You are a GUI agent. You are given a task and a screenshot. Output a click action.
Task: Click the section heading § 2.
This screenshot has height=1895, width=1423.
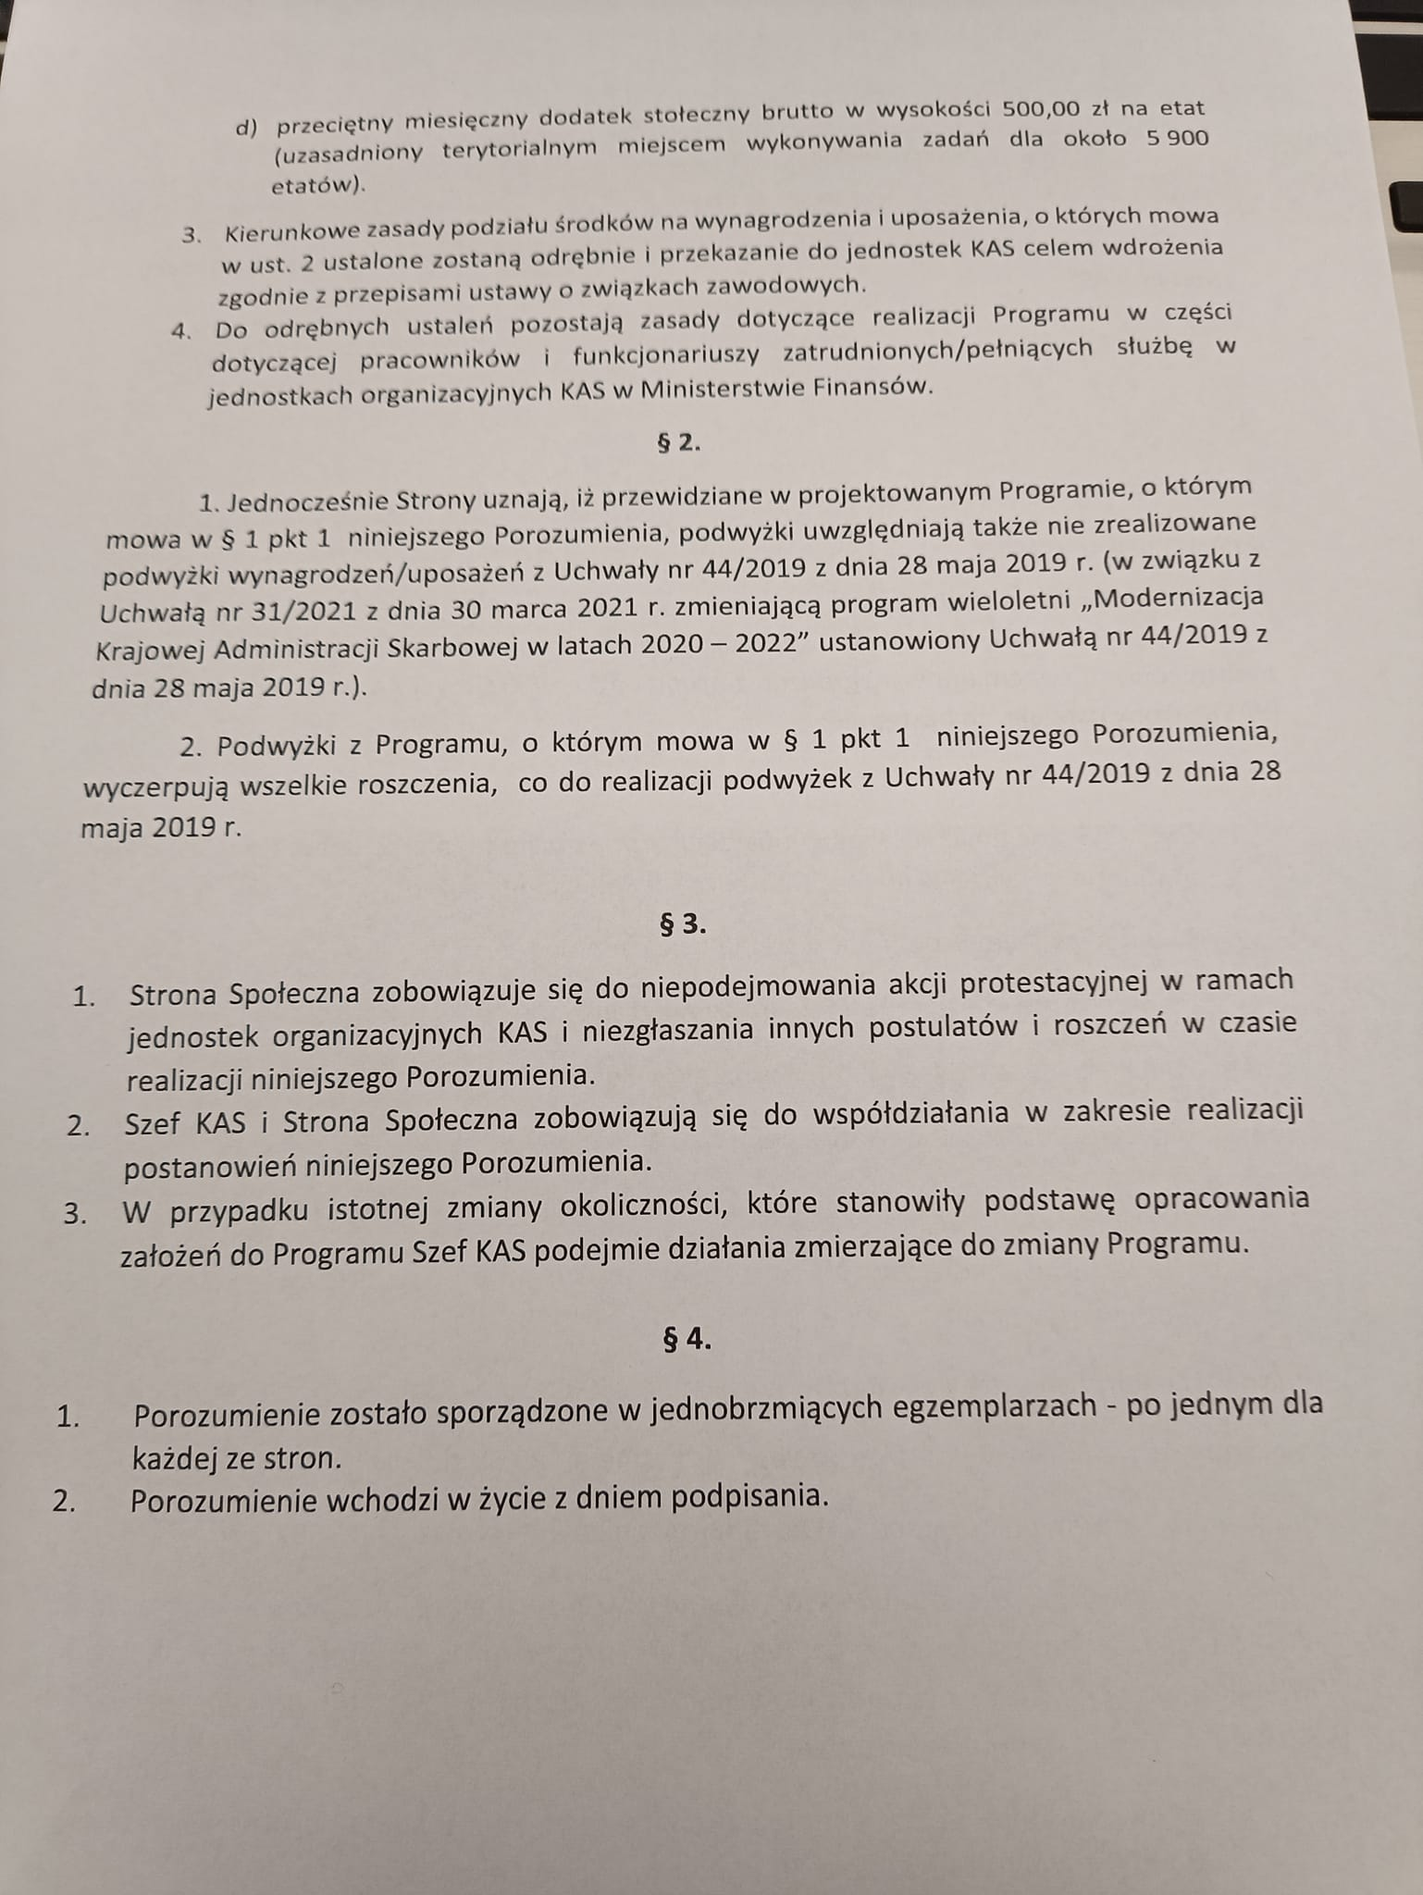click(x=678, y=442)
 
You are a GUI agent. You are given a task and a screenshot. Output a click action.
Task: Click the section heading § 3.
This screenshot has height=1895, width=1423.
click(x=683, y=924)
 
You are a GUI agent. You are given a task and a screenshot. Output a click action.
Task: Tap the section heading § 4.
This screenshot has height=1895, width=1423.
click(x=687, y=1339)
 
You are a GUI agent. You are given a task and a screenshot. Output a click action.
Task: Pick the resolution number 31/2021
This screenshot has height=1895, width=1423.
click(x=311, y=609)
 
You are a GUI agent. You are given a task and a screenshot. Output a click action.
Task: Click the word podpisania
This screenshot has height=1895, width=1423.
click(x=748, y=1497)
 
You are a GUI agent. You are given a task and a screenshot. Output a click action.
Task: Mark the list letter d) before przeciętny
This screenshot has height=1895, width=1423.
click(x=247, y=127)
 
